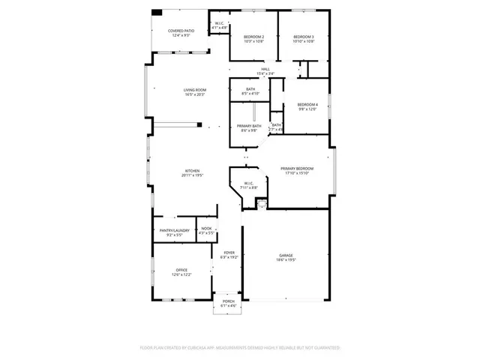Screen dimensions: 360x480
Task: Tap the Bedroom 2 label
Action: pos(254,37)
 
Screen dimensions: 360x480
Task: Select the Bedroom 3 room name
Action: pos(303,37)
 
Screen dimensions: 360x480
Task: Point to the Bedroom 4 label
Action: pos(307,104)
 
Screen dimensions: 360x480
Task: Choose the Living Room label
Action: pos(194,90)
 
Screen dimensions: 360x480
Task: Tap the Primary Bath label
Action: pos(249,126)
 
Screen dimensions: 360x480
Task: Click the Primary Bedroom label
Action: pos(298,169)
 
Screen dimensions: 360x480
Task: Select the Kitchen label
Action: pos(192,171)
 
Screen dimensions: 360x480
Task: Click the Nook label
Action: pos(206,229)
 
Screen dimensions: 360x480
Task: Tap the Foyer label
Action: pos(229,253)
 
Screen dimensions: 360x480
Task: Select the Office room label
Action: pos(181,270)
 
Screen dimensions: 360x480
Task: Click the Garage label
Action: pos(285,255)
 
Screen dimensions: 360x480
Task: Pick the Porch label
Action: pos(228,301)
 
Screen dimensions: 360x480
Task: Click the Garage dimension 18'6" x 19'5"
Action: pos(285,260)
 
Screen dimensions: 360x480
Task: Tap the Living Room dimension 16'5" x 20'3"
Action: pos(194,94)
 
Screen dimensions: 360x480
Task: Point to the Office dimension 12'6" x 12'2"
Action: pos(181,274)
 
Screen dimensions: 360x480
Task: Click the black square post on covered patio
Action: pos(156,13)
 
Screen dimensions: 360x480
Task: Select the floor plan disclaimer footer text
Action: pos(240,348)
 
